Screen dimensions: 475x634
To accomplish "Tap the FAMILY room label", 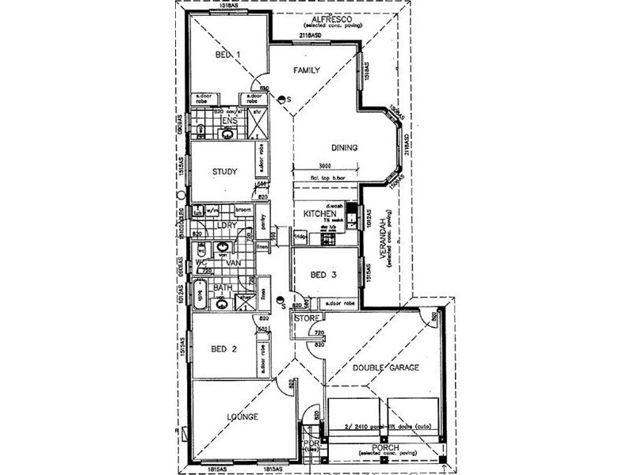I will point(307,70).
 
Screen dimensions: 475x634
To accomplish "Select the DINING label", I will point(343,147).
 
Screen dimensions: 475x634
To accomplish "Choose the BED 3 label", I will point(323,275).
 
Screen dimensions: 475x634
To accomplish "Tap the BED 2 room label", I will point(223,348).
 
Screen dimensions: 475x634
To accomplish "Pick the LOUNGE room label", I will point(241,416).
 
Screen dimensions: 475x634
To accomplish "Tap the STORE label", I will point(306,319).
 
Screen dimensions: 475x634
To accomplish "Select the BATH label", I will point(222,287).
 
